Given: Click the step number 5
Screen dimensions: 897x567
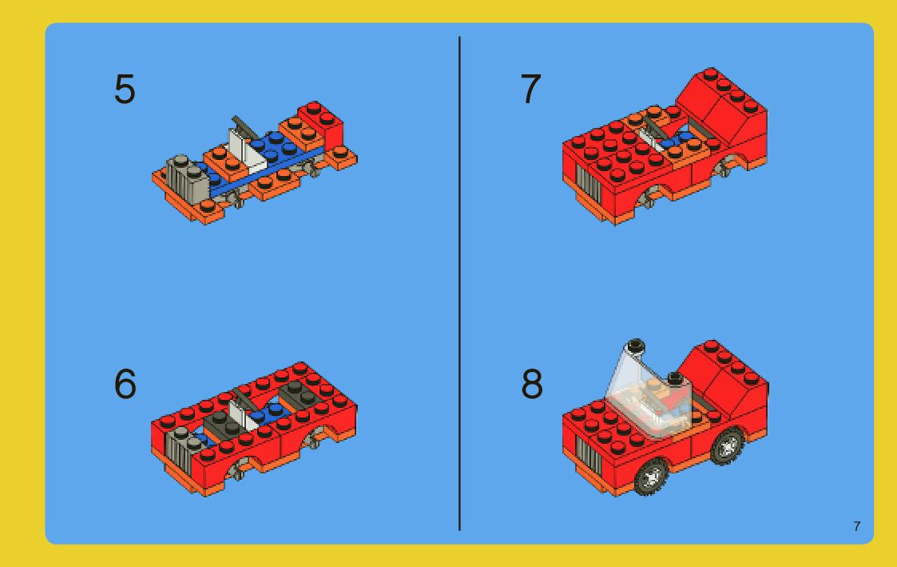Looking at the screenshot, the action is click(x=125, y=90).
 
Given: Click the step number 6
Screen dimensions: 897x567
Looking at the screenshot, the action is click(x=125, y=384).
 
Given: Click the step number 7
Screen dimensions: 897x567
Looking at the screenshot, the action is click(x=530, y=90).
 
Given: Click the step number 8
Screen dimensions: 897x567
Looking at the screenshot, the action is click(x=531, y=384).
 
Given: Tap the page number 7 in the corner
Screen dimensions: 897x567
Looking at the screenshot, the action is click(x=856, y=526).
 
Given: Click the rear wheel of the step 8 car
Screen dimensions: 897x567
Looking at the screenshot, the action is click(x=727, y=445).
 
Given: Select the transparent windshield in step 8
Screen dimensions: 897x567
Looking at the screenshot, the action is click(x=649, y=395).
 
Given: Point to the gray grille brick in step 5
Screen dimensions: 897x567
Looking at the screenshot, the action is click(x=186, y=177).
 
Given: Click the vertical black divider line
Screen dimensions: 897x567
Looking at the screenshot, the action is click(x=459, y=283).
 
